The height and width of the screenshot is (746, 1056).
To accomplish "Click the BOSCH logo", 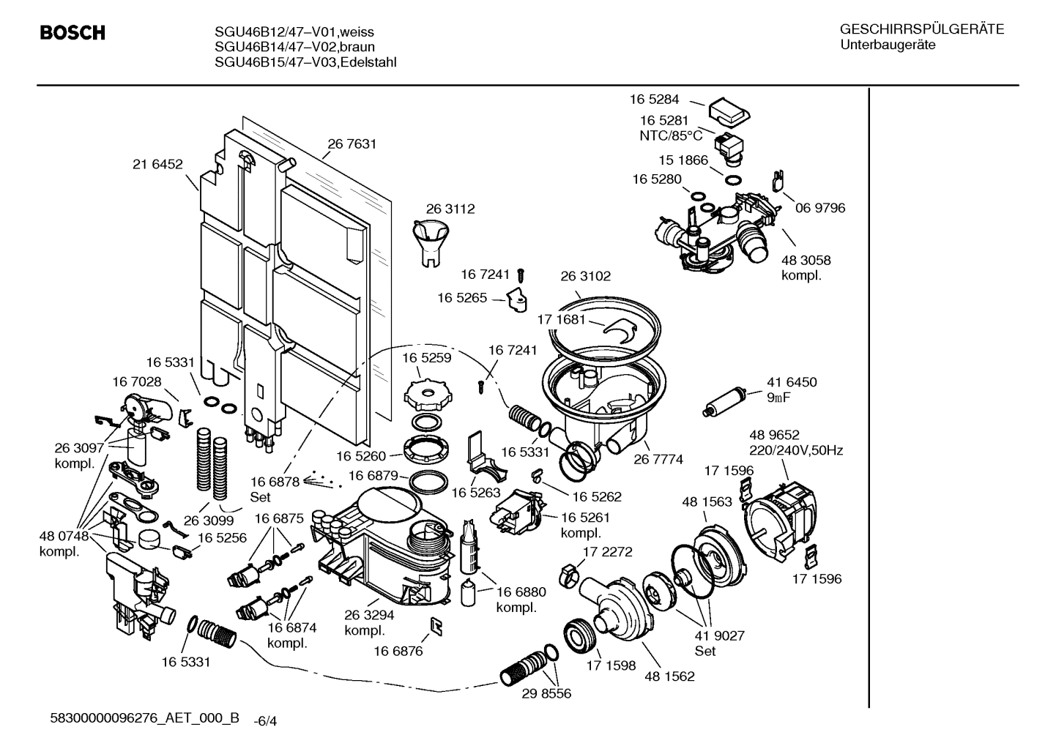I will click(x=72, y=34).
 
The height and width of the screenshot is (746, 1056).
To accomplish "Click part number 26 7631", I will click(x=352, y=144).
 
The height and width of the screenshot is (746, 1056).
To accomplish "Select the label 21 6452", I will click(x=157, y=165).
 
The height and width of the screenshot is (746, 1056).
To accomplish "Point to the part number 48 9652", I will click(x=774, y=435).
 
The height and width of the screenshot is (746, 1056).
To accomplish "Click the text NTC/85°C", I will click(x=671, y=135).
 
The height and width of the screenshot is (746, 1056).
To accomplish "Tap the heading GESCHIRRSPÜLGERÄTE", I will click(x=922, y=29).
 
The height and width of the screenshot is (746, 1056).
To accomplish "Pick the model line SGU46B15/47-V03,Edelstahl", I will click(x=305, y=62).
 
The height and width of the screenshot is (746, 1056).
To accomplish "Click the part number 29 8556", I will click(x=546, y=693).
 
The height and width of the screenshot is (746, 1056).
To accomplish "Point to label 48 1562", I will click(x=669, y=676).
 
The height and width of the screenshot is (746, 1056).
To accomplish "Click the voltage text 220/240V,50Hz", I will click(x=795, y=450).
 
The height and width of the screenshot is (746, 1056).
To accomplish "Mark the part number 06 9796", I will click(x=819, y=208).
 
